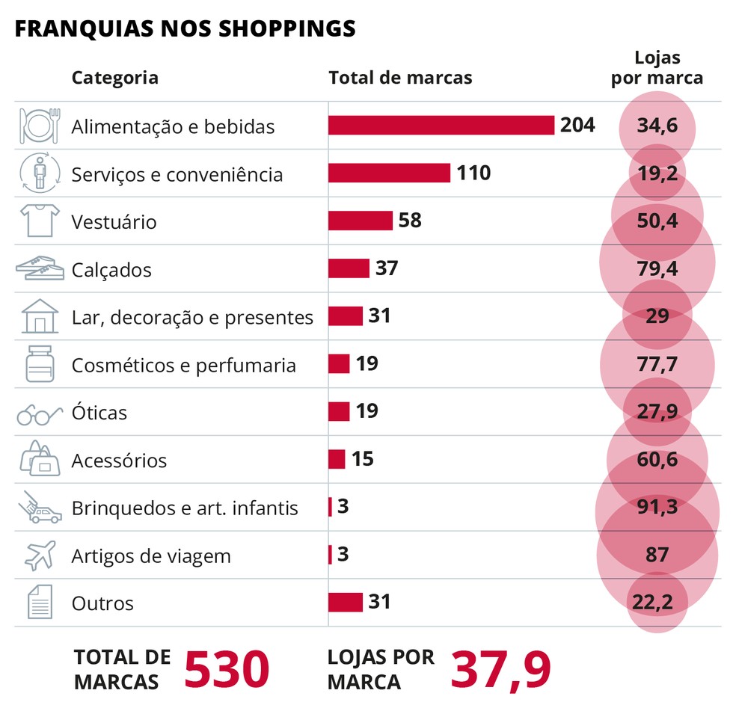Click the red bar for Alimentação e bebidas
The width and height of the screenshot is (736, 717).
click(441, 126)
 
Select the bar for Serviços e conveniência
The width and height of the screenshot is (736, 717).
click(389, 173)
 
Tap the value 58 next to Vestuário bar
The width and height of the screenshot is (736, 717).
click(410, 221)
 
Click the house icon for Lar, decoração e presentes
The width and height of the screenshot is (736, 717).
click(40, 316)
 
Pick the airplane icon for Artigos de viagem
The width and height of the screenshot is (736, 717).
click(40, 556)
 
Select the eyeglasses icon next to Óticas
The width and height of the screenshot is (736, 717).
click(39, 414)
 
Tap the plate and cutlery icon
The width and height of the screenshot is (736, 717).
click(39, 126)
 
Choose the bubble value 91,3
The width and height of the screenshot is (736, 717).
click(657, 508)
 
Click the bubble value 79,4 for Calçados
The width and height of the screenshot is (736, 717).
click(657, 269)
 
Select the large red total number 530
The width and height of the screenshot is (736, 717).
click(226, 669)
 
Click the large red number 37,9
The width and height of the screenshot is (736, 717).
click(500, 669)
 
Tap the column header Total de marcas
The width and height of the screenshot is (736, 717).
click(400, 78)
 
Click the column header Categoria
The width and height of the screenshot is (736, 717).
click(114, 78)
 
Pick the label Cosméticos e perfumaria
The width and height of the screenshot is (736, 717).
click(183, 366)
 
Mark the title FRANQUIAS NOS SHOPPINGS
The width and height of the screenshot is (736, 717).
click(185, 28)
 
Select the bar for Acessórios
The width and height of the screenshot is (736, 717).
click(337, 459)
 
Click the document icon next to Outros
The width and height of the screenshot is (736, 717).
click(40, 602)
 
